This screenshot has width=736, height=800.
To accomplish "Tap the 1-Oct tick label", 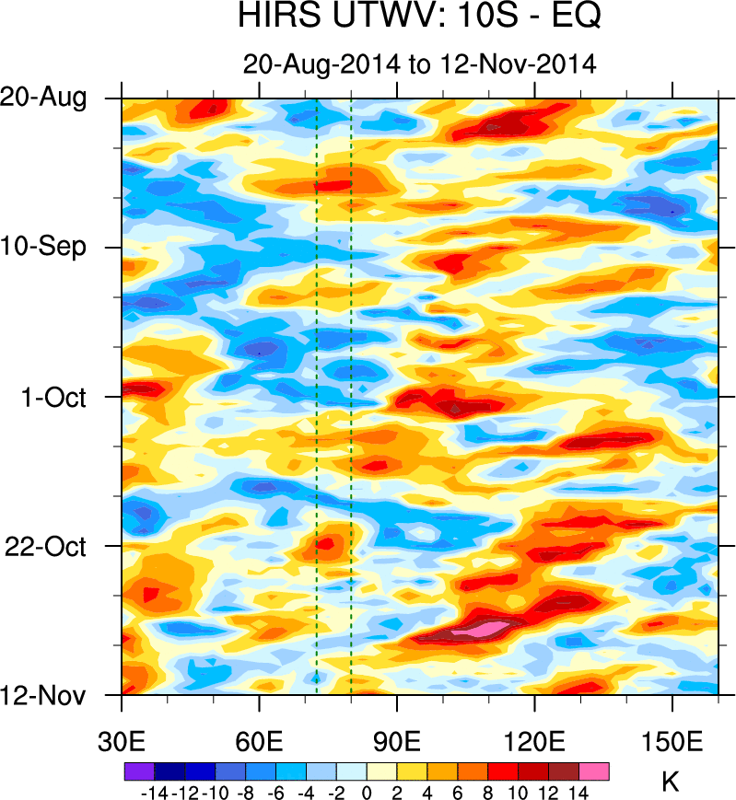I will pos(81,397).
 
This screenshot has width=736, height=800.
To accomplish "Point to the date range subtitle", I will pos(419,64).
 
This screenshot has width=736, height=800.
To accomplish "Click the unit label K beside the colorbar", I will pos(671,783).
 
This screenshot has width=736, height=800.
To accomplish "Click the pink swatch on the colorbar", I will pos(594,771).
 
